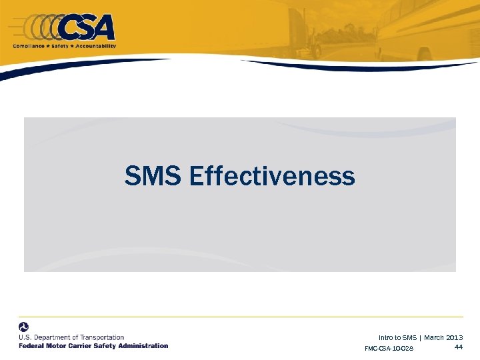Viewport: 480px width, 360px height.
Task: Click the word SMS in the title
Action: (153, 177)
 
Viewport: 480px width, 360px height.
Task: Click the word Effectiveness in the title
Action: (271, 177)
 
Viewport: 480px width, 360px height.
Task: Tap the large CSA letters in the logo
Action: (87, 28)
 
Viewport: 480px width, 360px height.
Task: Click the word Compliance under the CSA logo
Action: (29, 46)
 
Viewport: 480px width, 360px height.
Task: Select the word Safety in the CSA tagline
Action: (63, 46)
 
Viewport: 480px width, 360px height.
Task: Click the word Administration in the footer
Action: (142, 346)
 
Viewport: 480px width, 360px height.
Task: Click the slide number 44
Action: (459, 347)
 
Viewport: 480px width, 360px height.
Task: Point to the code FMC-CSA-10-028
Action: (389, 349)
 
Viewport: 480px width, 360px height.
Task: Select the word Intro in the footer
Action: (385, 338)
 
